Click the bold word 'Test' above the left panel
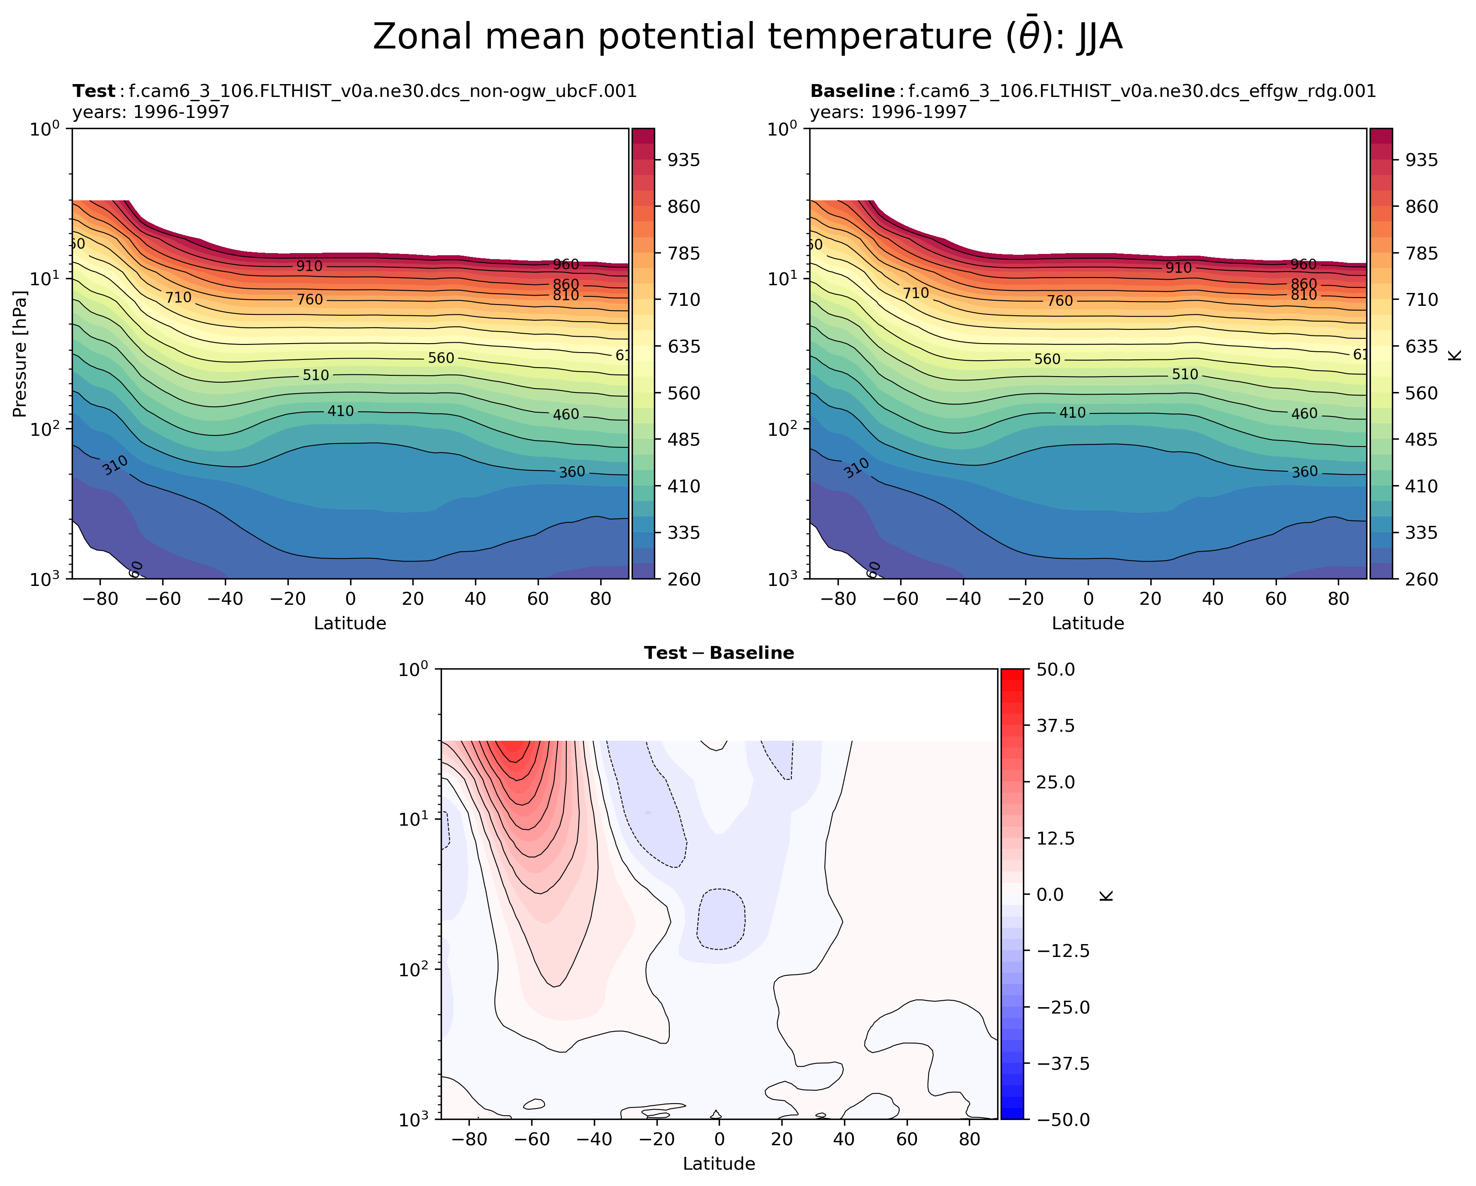[x=94, y=91]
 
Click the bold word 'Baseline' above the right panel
[x=852, y=91]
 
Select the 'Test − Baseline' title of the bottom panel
[x=719, y=653]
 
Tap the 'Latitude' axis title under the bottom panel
[x=719, y=1163]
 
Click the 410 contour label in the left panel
[x=340, y=411]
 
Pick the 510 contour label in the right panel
[x=1185, y=374]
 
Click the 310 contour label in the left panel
[x=115, y=465]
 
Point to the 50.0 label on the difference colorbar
[x=1056, y=669]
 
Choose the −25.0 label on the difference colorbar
[x=1056, y=1007]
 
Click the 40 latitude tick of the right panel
[x=1213, y=599]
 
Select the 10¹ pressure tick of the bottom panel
[x=414, y=818]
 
